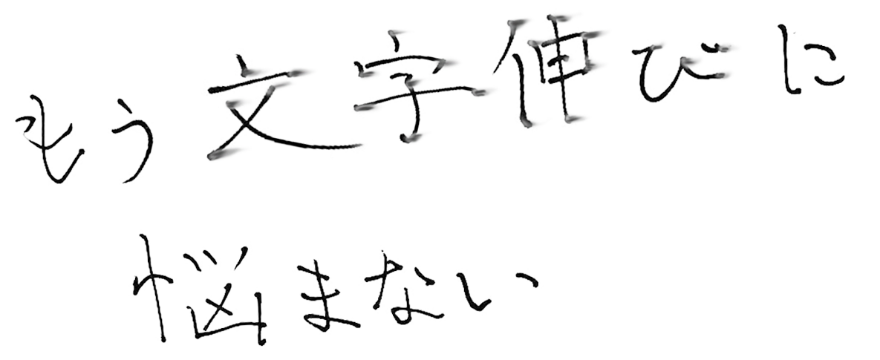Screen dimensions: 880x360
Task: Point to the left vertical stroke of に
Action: pyautogui.click(x=792, y=59)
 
